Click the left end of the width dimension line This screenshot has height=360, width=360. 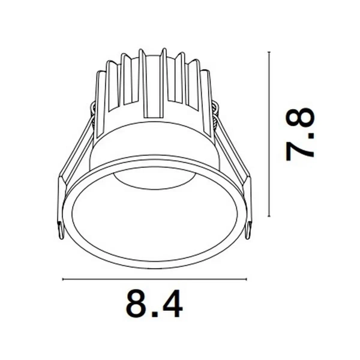pos(63,279)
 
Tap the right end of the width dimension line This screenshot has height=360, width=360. pos(246,279)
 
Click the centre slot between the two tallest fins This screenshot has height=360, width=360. pos(153,84)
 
